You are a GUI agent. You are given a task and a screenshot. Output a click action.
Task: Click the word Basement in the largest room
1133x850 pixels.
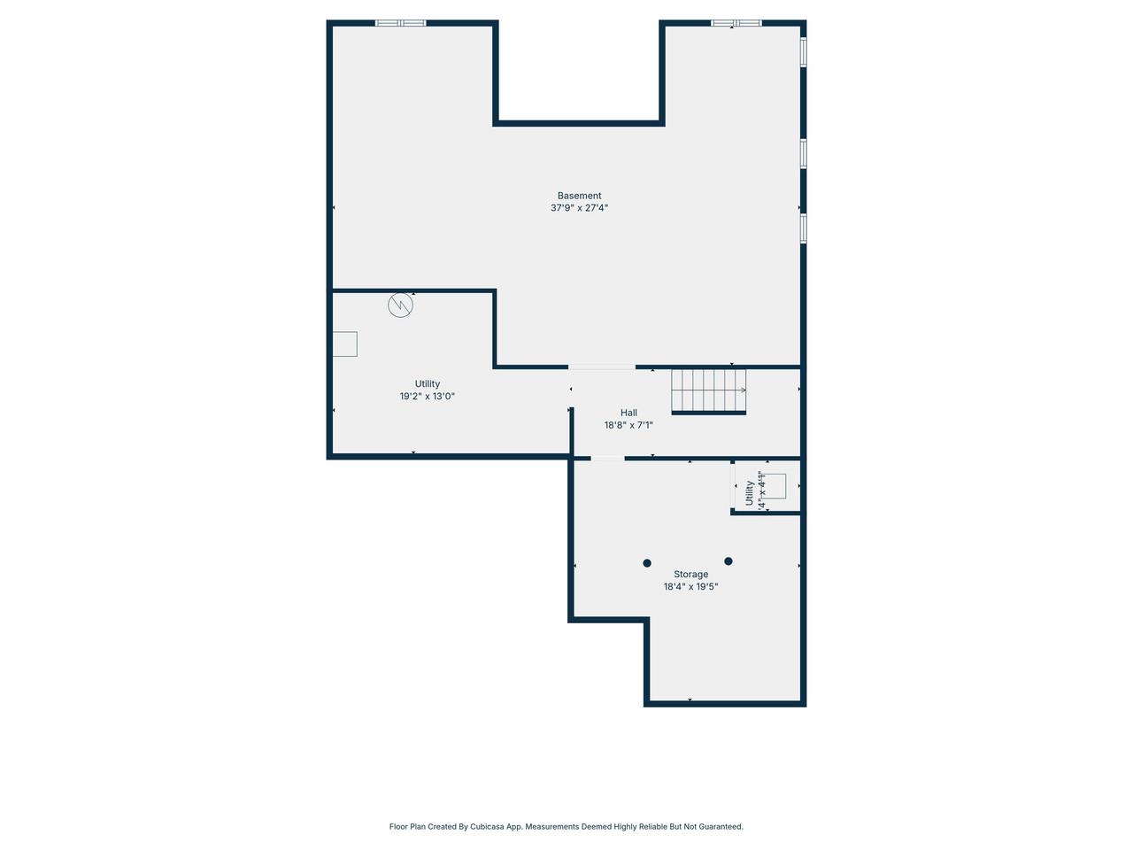(579, 196)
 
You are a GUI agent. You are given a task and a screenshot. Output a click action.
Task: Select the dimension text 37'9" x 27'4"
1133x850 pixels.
(579, 208)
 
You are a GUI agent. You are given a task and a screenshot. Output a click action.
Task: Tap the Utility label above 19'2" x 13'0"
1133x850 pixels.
(427, 384)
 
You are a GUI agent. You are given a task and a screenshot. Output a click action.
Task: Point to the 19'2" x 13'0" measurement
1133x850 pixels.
(427, 397)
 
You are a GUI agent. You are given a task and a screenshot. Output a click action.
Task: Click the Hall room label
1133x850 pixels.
(628, 413)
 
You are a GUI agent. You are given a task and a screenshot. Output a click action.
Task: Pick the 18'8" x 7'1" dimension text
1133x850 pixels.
(628, 425)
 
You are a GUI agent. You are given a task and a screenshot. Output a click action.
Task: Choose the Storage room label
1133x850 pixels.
(690, 575)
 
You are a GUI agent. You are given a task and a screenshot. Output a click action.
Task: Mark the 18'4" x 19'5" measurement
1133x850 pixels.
(690, 586)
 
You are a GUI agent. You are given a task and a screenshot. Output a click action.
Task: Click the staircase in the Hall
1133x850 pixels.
(708, 390)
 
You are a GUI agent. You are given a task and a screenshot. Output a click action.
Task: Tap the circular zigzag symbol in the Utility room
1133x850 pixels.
(400, 305)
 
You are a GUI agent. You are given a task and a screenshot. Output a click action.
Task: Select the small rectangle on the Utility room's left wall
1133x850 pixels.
(344, 344)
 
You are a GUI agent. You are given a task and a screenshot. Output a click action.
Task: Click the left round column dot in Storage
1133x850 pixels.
(647, 563)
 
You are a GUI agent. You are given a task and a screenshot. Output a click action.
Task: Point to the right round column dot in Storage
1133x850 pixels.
(728, 561)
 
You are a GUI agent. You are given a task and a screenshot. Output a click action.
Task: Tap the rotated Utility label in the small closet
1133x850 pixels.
(749, 493)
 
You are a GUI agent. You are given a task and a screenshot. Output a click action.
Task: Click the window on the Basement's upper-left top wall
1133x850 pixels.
(400, 23)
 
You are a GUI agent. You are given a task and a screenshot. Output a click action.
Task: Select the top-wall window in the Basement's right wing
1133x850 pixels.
(736, 23)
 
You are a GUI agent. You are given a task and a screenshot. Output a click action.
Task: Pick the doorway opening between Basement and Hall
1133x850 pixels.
(602, 367)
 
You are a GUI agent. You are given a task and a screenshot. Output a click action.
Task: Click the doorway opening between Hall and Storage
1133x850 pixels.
(607, 458)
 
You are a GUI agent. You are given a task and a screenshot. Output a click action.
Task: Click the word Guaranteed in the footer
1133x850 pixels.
(720, 827)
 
